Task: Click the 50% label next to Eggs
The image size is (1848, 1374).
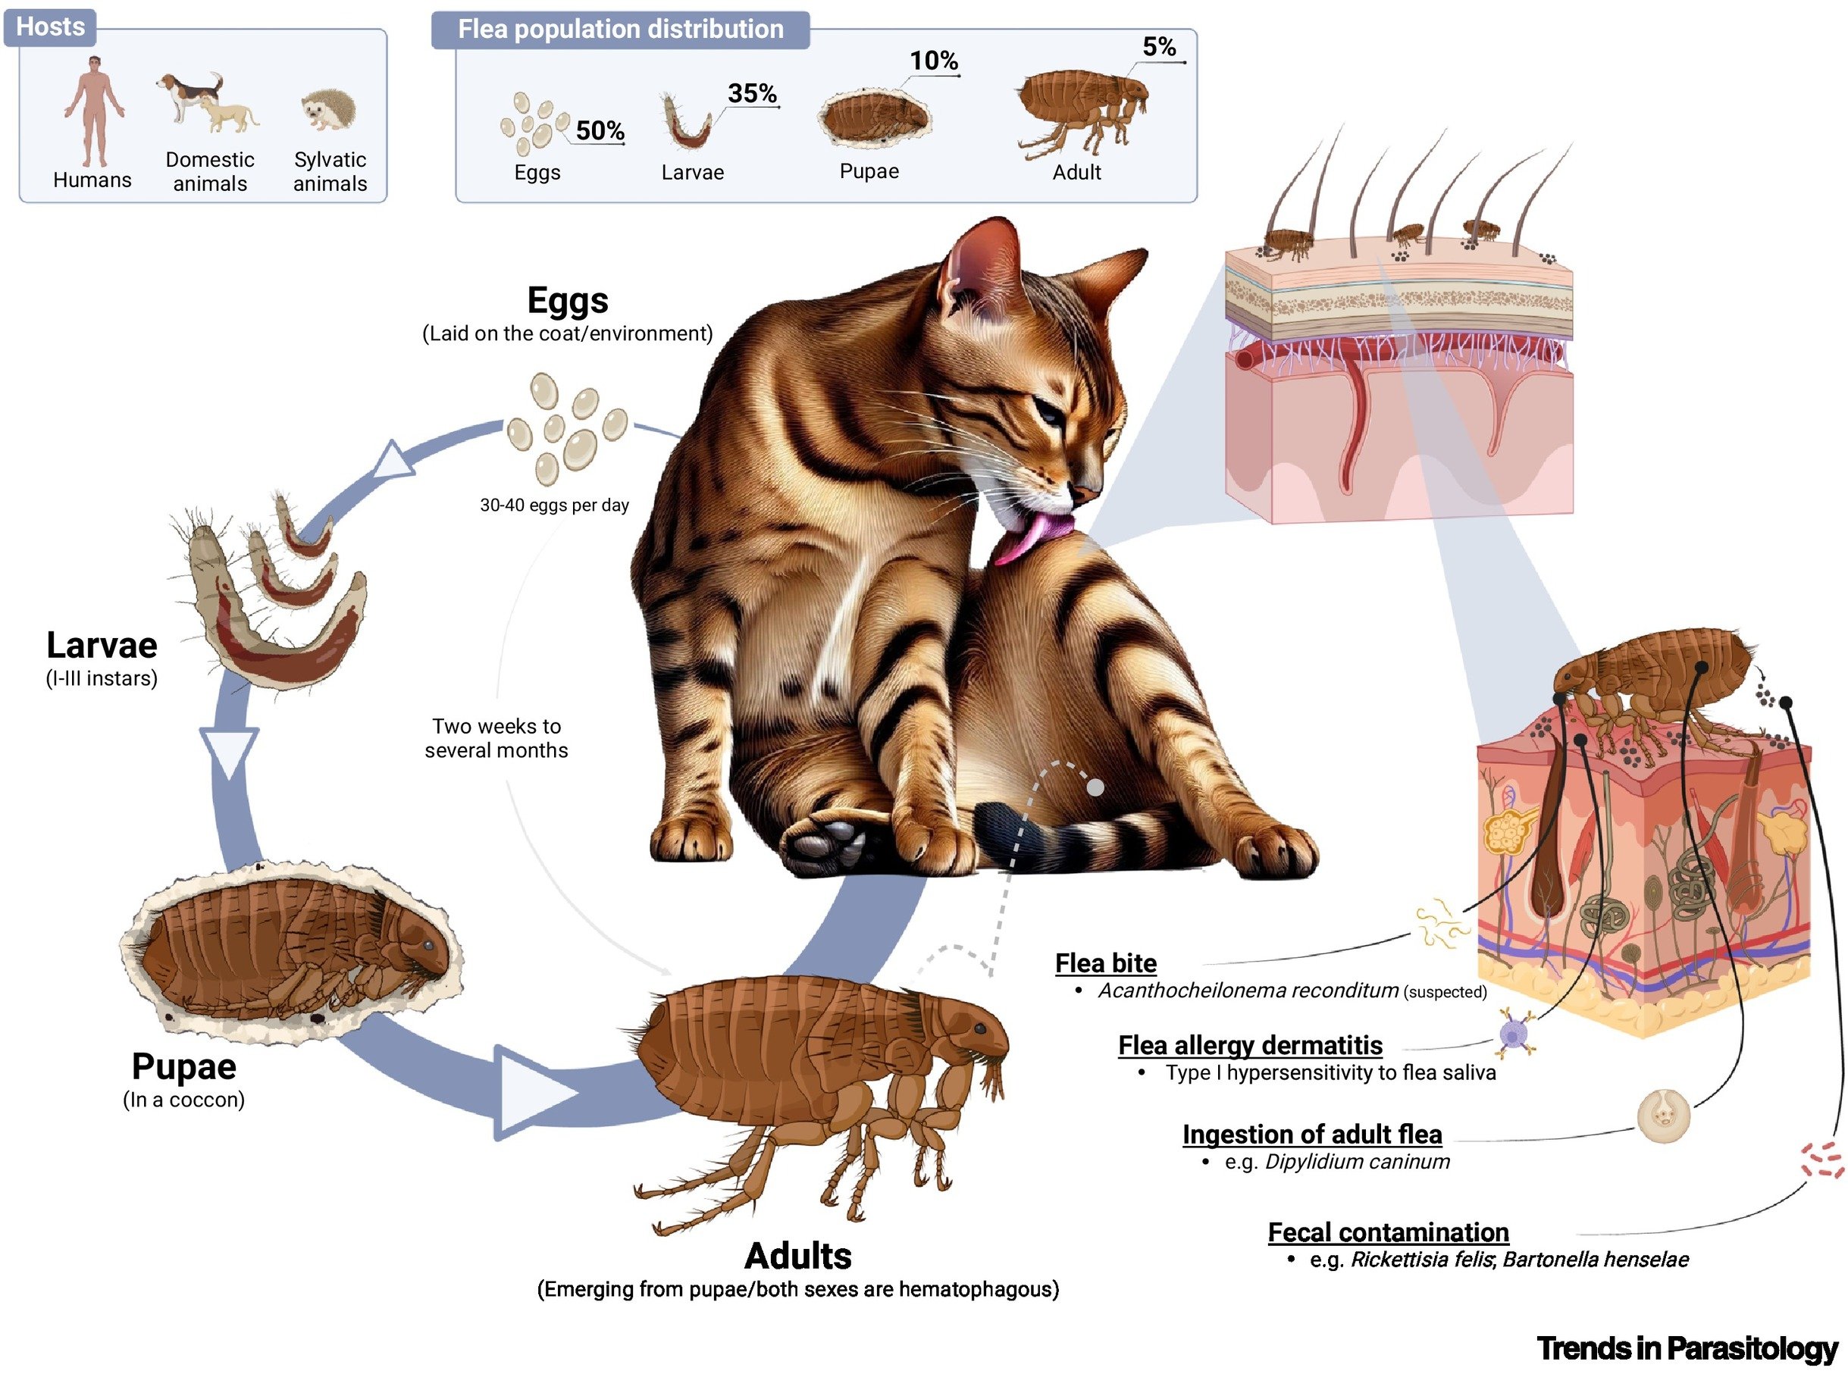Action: (x=599, y=130)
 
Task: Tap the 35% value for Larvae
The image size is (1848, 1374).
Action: (x=751, y=93)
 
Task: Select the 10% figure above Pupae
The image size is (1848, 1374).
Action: (x=932, y=61)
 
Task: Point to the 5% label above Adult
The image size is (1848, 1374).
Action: (x=1157, y=46)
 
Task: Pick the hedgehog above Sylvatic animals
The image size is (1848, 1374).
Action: (x=328, y=111)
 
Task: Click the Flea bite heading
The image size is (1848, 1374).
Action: (x=1104, y=962)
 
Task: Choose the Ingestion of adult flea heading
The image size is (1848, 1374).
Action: (x=1311, y=1134)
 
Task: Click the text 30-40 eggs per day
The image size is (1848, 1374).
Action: (x=554, y=505)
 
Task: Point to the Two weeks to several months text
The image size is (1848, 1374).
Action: (x=496, y=737)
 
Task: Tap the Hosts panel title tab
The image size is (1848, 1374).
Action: (x=50, y=27)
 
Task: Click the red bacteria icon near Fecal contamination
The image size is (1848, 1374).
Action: (x=1821, y=1160)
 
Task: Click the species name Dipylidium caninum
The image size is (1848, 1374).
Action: (x=1357, y=1161)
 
